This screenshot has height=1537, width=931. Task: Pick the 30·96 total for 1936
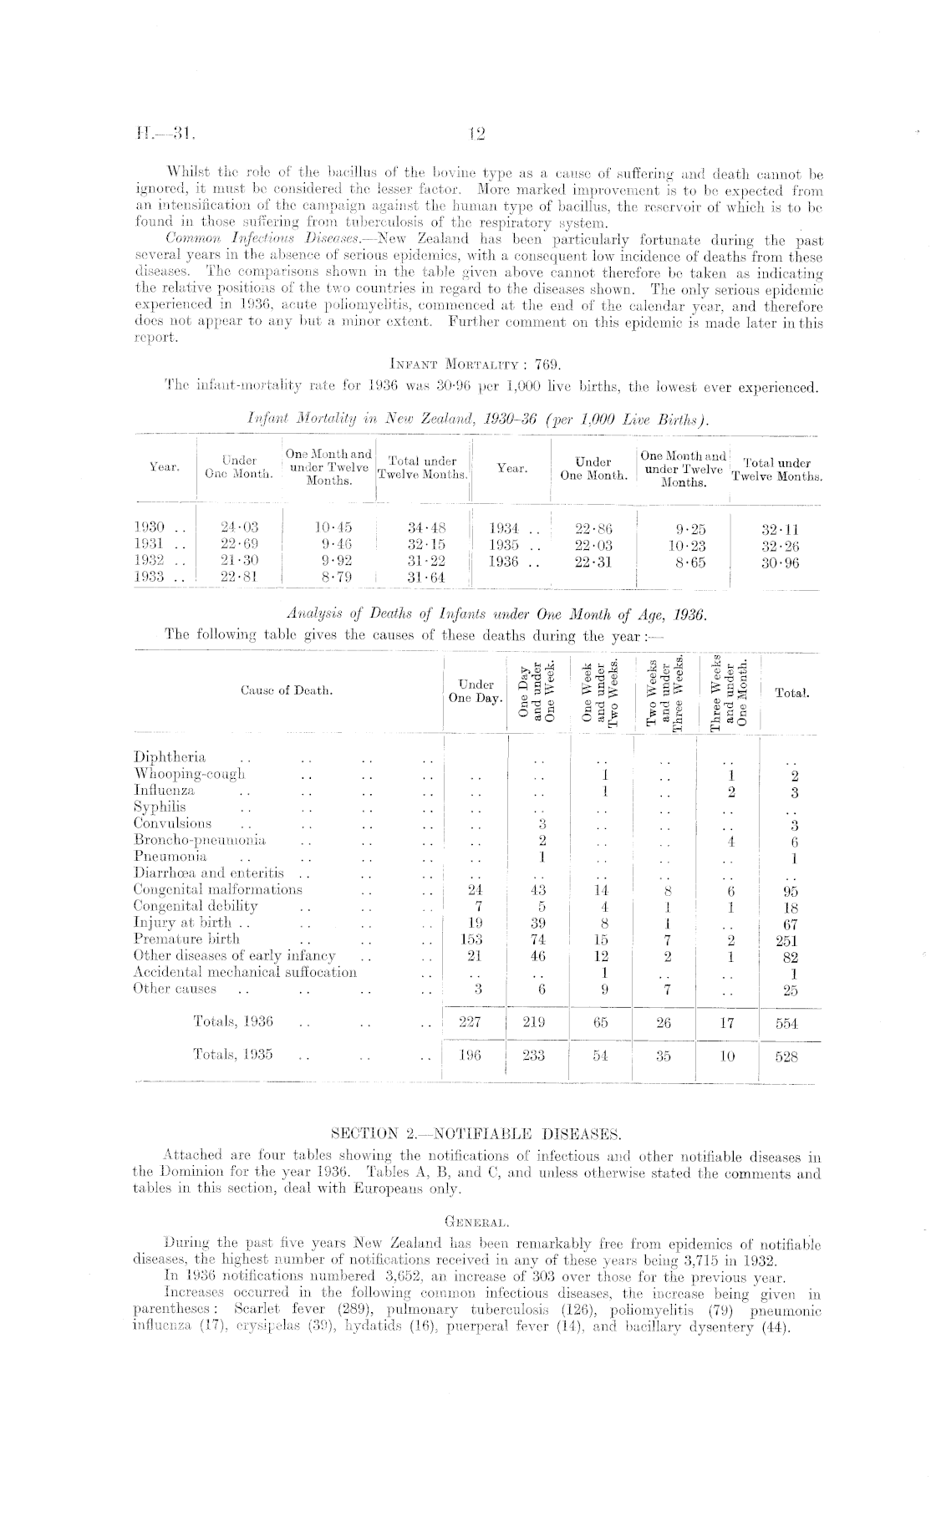point(781,562)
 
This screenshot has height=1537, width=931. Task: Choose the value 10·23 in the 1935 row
point(688,545)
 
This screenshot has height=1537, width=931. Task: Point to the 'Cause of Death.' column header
point(287,690)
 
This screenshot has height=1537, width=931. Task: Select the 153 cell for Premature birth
point(473,939)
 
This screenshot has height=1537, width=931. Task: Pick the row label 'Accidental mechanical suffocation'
point(245,972)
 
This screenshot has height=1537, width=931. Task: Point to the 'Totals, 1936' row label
point(233,1021)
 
